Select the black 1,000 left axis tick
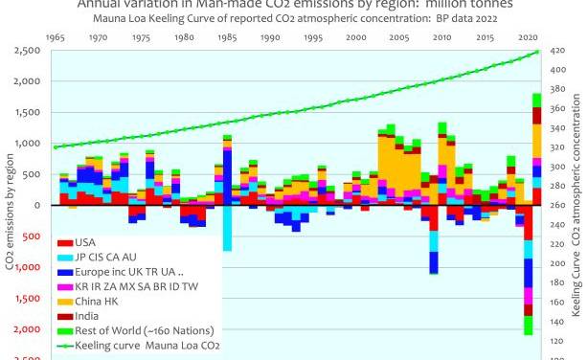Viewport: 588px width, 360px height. pyautogui.click(x=26, y=144)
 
